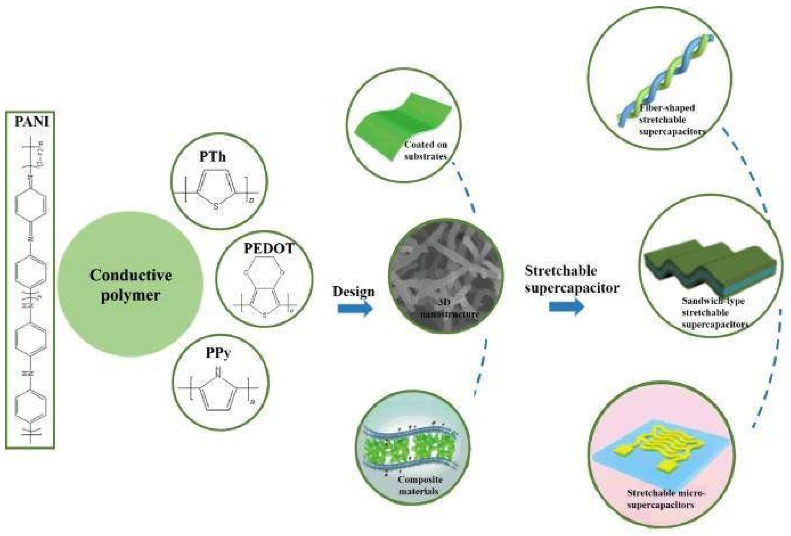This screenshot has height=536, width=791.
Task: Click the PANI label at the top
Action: tap(32, 122)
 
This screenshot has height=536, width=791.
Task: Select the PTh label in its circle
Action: tap(213, 157)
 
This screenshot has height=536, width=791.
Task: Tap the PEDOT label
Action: tap(268, 249)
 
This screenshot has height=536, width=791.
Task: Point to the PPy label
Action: tap(218, 353)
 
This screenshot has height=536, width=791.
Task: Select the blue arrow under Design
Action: tap(355, 309)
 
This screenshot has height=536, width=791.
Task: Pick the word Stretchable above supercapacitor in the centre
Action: tap(561, 271)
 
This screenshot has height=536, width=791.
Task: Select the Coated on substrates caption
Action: tap(425, 150)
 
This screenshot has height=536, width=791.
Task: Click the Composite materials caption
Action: tap(420, 485)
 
